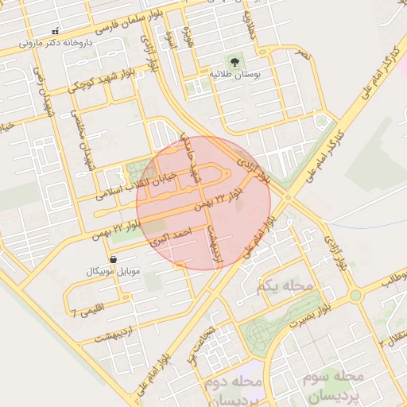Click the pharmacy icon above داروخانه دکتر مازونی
pos(54,30)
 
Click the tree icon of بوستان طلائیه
pos(235,61)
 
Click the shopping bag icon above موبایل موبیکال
pos(113,259)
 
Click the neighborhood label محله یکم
pos(280,284)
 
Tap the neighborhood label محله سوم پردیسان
pos(332,385)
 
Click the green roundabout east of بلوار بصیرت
pos(355,295)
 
